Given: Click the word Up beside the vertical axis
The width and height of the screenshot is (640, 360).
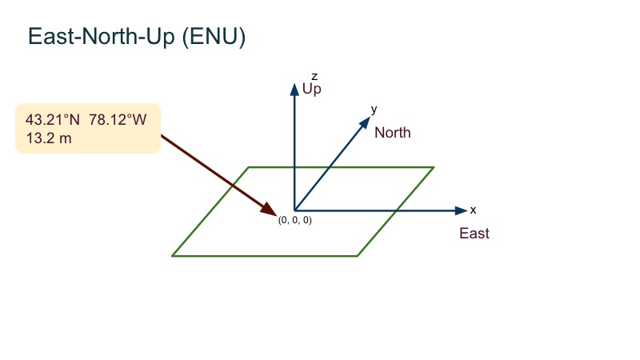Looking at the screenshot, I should coord(312,89).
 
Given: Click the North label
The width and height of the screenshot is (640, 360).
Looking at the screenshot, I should coord(392,133).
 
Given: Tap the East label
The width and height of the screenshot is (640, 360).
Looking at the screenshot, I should coord(474,234).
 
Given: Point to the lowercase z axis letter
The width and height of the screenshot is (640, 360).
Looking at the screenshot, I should coord(302,76).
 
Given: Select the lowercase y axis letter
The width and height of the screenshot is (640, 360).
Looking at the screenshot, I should coord(374,108).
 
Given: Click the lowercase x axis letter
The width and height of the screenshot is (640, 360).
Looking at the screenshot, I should coord(473,210).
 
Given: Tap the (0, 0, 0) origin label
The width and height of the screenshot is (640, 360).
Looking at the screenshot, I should coord(294,220).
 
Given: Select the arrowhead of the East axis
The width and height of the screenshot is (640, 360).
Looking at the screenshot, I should coord(461,210).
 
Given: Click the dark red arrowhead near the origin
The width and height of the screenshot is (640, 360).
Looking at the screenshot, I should coord(269,210).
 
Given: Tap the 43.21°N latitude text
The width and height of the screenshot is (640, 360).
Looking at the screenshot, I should coord(53,119).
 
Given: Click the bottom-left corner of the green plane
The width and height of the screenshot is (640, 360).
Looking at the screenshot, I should coord(172,256).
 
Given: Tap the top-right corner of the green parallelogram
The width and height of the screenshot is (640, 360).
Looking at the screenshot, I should coord(434,167).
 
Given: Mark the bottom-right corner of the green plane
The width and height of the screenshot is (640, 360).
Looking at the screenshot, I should coord(358,256).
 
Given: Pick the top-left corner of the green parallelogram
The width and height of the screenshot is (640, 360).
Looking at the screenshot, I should coord(249,167).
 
